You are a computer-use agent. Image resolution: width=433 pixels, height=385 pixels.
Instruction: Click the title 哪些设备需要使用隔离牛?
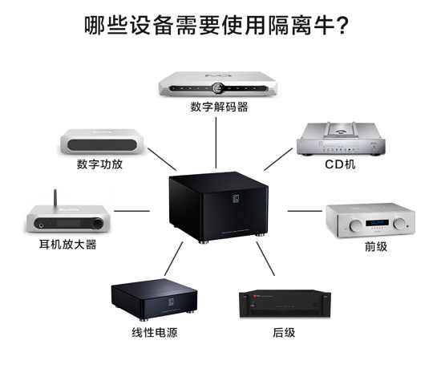[x=216, y=26]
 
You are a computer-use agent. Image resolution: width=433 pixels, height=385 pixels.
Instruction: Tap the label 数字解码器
[x=219, y=107]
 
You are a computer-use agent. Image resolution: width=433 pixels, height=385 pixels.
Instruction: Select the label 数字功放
[x=99, y=164]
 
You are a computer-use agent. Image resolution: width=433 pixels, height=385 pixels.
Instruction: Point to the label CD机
[x=340, y=164]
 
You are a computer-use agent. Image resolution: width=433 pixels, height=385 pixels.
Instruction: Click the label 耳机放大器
[x=68, y=244]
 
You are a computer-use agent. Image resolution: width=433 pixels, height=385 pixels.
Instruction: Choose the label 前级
[x=376, y=246]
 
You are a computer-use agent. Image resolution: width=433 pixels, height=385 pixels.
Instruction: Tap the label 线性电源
[x=155, y=332]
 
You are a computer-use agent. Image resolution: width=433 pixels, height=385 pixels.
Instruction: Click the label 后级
[x=284, y=332]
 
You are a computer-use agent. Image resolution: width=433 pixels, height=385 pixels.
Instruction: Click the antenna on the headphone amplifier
[x=55, y=198]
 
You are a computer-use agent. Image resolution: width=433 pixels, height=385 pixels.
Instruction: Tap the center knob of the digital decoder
[x=217, y=87]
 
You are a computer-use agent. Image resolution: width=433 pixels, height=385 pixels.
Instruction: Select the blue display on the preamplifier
[x=377, y=223]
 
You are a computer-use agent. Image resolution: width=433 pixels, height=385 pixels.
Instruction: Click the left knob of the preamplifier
[x=355, y=225]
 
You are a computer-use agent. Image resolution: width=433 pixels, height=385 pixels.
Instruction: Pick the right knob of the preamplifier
[x=399, y=223]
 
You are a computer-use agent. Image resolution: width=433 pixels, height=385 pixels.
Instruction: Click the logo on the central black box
[x=236, y=199]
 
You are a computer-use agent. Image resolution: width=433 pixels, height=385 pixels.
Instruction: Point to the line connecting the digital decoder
[x=216, y=143]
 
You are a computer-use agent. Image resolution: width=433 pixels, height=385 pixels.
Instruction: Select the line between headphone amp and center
[x=132, y=211]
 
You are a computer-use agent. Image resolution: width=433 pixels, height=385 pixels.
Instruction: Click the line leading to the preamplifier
[x=305, y=211]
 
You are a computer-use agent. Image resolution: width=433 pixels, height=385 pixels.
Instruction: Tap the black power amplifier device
[x=285, y=304]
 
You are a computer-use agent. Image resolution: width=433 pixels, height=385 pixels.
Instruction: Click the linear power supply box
[x=155, y=299]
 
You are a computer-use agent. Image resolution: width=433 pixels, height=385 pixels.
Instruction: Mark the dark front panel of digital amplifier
[x=102, y=145]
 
